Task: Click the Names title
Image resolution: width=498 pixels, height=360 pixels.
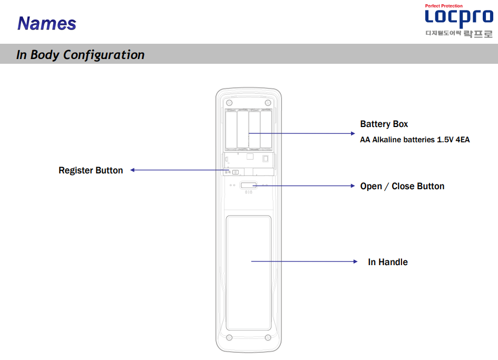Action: (47, 24)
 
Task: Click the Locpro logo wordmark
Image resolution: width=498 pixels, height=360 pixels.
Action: (459, 17)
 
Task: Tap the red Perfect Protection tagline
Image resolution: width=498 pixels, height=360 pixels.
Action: (444, 6)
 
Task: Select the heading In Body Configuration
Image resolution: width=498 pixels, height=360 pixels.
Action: (80, 55)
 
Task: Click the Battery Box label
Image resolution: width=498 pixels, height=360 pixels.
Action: (384, 124)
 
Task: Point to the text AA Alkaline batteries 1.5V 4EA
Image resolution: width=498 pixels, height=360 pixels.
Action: (415, 140)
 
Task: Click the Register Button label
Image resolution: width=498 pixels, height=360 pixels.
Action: (91, 170)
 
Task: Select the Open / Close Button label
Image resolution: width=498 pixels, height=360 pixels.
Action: (402, 186)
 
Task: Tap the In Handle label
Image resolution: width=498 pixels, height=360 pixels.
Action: (388, 262)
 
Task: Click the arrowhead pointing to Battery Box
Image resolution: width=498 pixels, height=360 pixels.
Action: (353, 133)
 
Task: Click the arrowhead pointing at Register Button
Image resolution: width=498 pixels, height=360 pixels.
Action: (132, 170)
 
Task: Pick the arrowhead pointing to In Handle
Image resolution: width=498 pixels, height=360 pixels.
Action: (355, 261)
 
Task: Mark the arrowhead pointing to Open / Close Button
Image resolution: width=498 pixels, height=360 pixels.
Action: (353, 186)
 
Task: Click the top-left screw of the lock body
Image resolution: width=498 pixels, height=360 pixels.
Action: (229, 103)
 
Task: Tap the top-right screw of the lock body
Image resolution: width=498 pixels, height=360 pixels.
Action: (268, 103)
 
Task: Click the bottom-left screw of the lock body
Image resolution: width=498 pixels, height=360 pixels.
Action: (229, 337)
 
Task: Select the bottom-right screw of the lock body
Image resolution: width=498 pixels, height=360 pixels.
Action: (268, 337)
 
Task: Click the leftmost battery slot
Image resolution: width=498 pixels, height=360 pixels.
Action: (231, 130)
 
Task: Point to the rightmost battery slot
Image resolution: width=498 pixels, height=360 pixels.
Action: (266, 130)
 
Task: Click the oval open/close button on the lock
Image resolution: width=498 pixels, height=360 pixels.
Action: (248, 185)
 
